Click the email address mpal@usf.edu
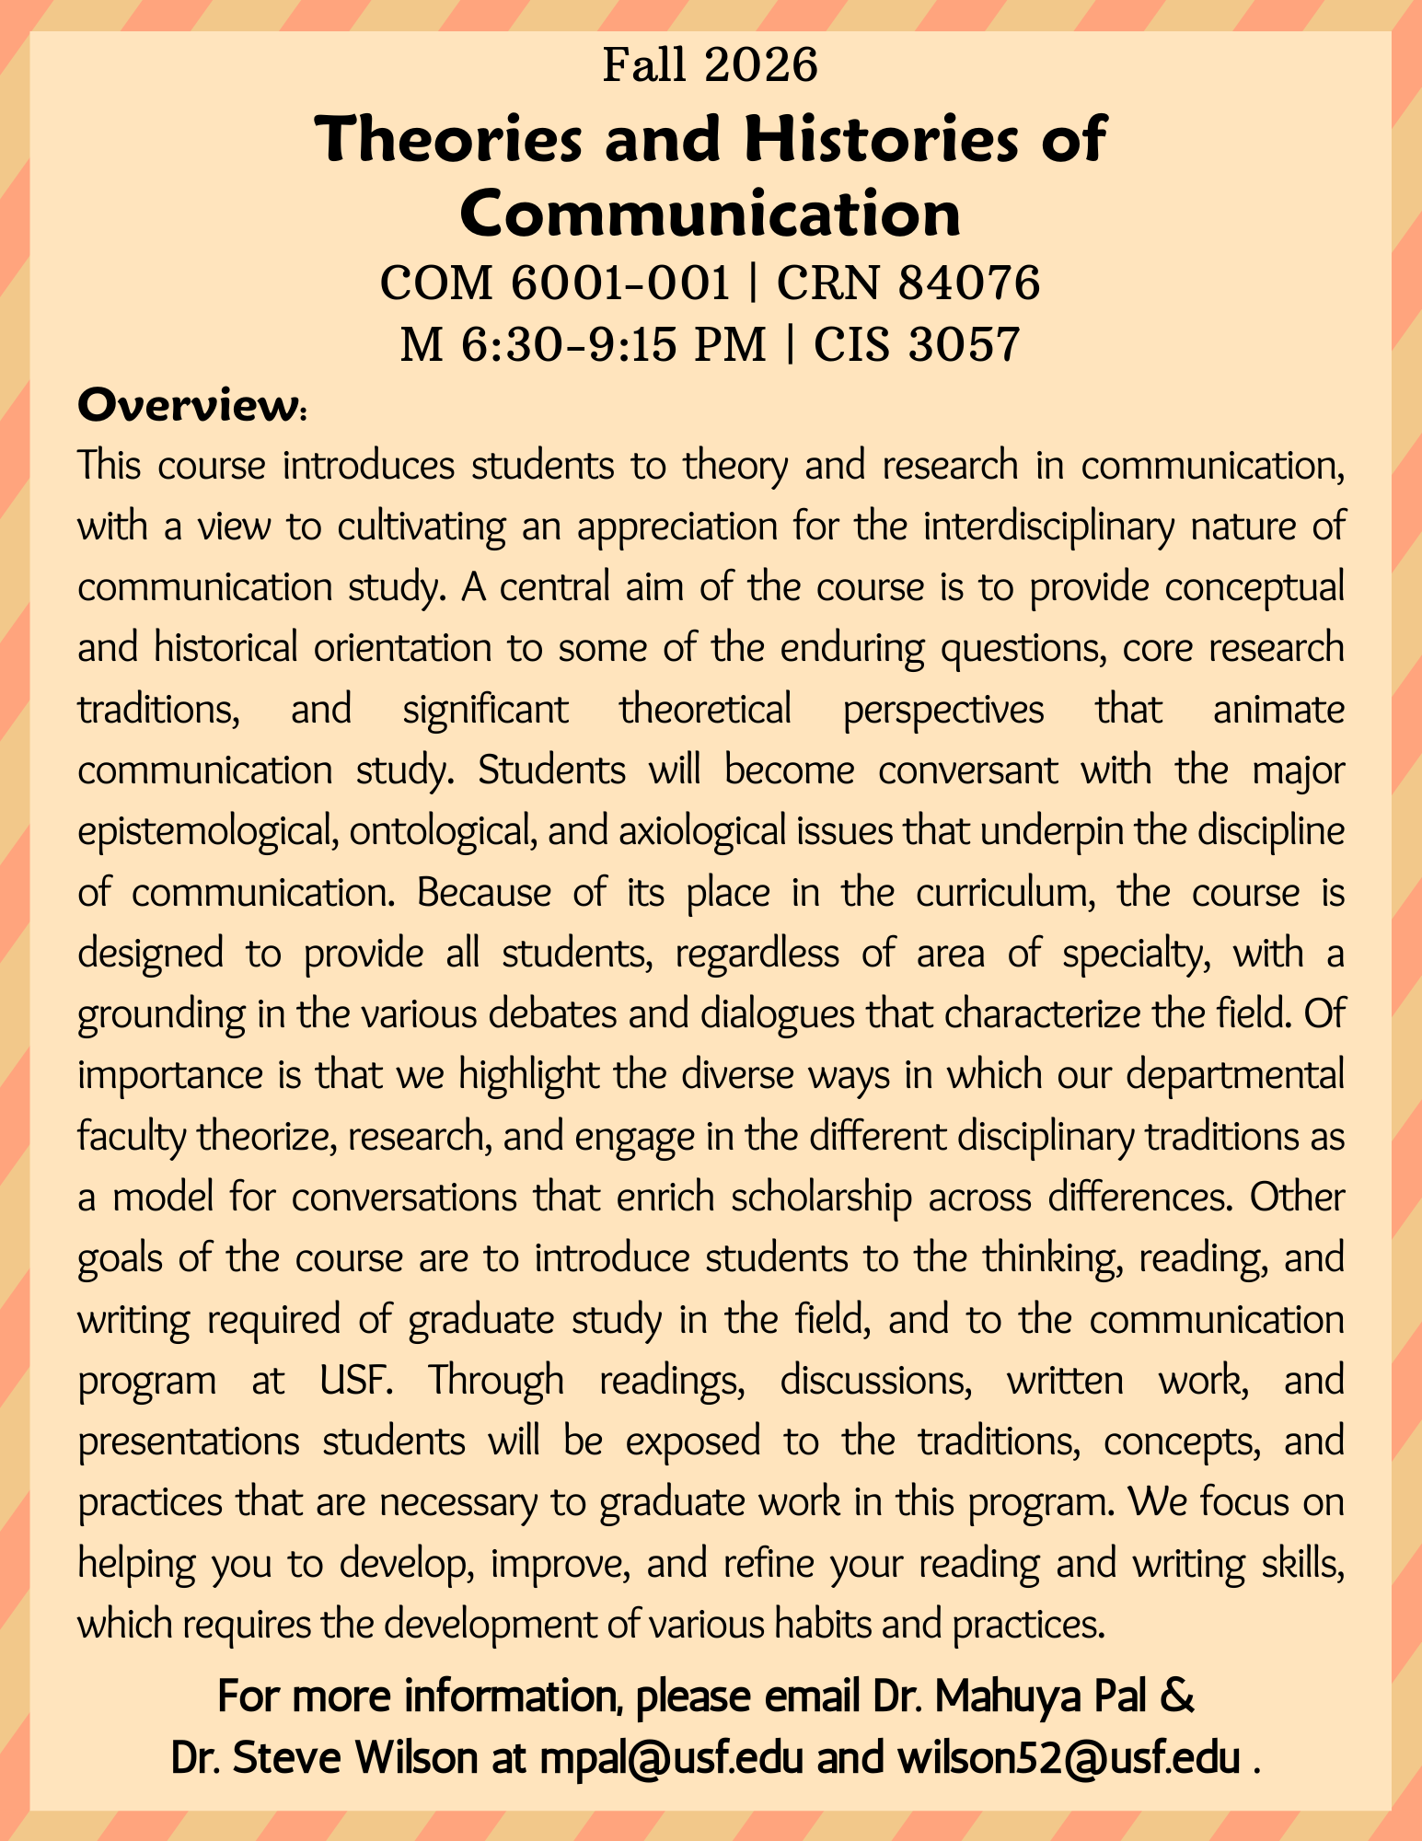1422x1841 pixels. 662,1759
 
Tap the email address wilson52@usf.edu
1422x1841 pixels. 1068,1759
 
